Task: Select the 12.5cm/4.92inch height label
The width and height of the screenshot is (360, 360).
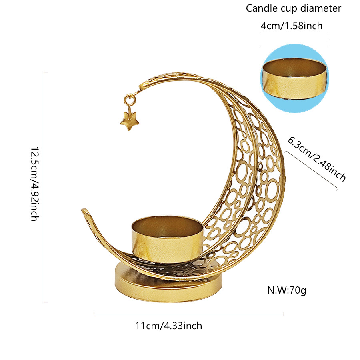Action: (x=34, y=184)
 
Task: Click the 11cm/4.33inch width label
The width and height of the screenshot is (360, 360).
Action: (x=168, y=326)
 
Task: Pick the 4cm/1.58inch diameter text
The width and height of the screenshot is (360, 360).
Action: (x=291, y=26)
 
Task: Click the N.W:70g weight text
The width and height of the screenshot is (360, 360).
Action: (x=287, y=290)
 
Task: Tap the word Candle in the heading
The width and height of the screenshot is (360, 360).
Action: (x=260, y=8)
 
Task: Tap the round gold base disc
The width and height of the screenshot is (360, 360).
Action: (x=168, y=282)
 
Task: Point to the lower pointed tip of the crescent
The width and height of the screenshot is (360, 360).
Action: (x=85, y=210)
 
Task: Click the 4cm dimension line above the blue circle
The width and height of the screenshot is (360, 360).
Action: (x=294, y=40)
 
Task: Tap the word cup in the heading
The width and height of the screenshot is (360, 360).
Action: (x=290, y=8)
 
